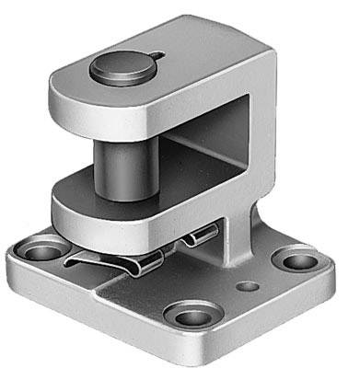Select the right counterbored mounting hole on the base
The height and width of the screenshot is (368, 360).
(x=297, y=260)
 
